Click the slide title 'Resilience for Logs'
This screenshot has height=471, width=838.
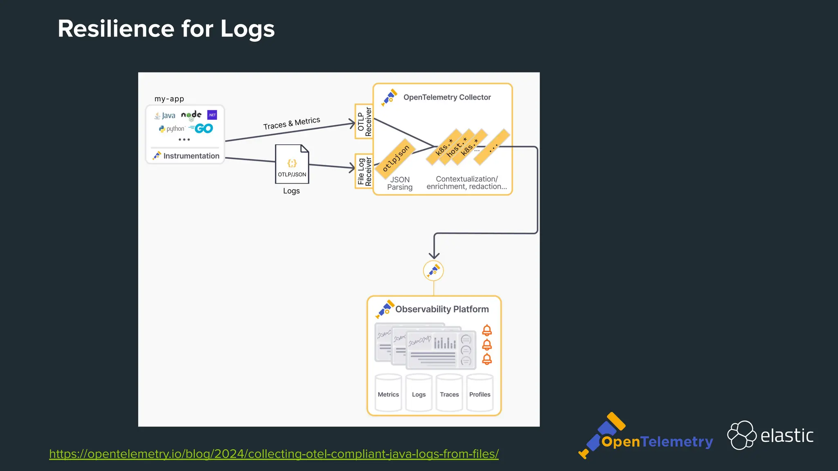tap(166, 29)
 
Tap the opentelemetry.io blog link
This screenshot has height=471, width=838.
tap(274, 454)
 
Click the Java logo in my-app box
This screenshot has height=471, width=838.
tap(165, 116)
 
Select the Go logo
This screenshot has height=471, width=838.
tap(202, 128)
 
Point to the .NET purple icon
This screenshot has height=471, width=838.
tap(212, 115)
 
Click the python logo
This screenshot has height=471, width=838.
tap(172, 129)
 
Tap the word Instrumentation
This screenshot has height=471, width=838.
tap(191, 156)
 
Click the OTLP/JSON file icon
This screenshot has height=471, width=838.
tap(292, 164)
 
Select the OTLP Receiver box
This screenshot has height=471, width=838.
tap(364, 121)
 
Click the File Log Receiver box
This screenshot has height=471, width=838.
tap(364, 171)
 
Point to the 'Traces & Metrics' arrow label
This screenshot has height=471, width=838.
tap(291, 123)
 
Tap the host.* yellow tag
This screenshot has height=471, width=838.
tap(457, 147)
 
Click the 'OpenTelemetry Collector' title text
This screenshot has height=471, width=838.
tap(447, 97)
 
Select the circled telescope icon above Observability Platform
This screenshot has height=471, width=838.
tap(433, 271)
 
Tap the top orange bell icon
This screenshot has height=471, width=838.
tap(487, 330)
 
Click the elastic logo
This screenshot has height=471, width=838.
tap(770, 435)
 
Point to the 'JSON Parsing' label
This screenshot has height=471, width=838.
tap(400, 183)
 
